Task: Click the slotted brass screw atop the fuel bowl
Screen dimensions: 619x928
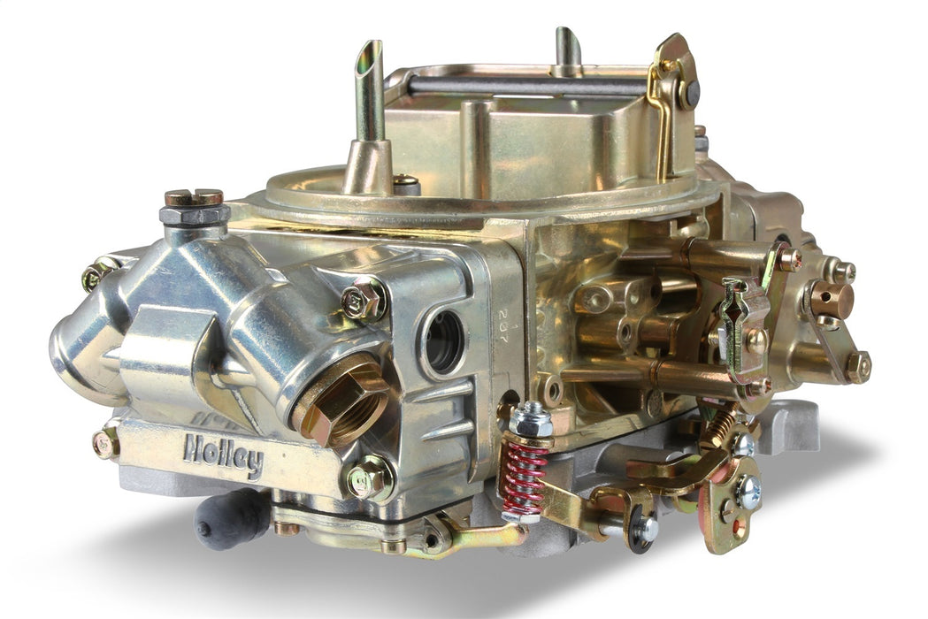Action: coord(193,199)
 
